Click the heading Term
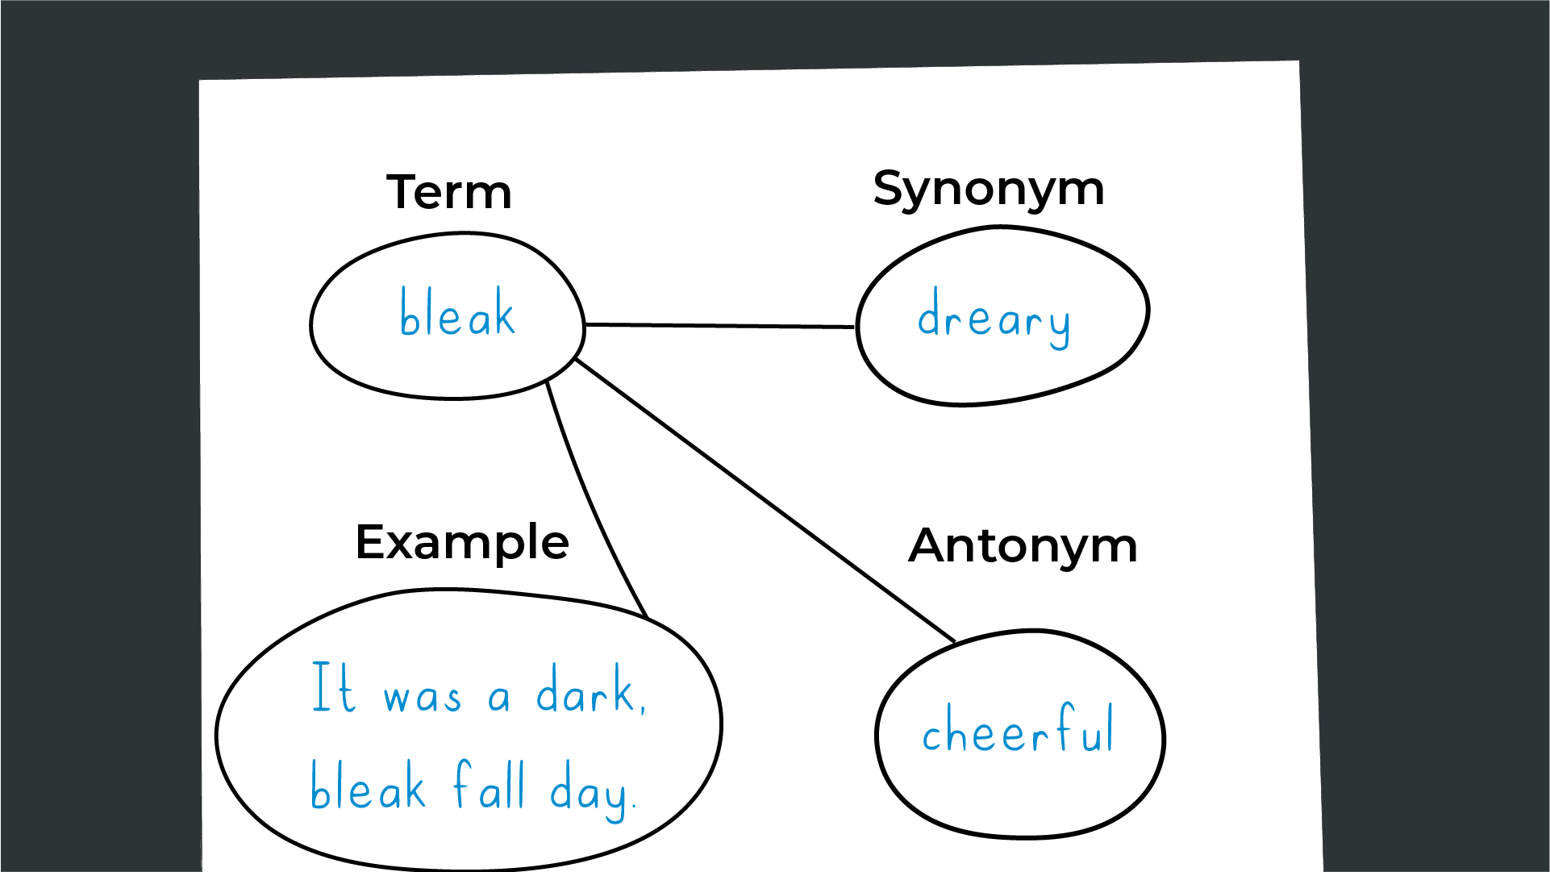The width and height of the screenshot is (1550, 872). pos(449,192)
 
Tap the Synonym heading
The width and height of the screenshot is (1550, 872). pos(989,190)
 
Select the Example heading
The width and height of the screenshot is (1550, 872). pos(462,542)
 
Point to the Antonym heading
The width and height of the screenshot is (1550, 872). pos(1023,545)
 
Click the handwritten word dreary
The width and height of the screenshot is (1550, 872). pos(994,318)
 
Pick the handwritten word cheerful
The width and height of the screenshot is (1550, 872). pos(1019,728)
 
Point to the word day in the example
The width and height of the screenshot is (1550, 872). pos(590,791)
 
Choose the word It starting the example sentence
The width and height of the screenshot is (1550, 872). pos(333,686)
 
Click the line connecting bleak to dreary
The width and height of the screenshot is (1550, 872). pos(719,326)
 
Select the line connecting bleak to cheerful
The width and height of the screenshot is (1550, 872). pos(765,500)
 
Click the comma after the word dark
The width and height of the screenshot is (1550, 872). pos(643,708)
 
